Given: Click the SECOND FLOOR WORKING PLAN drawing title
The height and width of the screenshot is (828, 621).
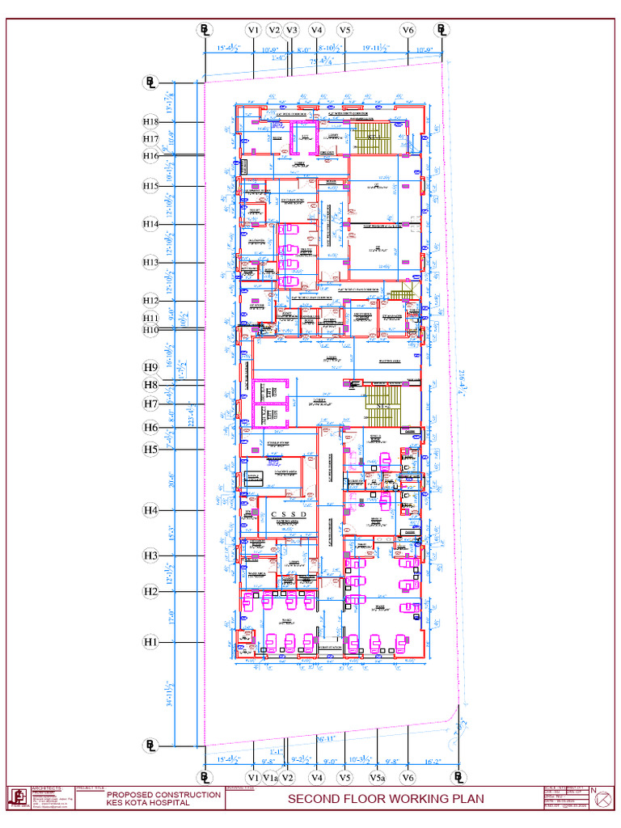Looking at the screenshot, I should pyautogui.click(x=386, y=800).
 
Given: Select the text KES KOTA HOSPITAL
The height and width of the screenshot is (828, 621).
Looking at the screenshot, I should pyautogui.click(x=143, y=803).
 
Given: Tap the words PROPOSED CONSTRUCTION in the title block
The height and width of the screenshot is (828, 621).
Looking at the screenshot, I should pyautogui.click(x=164, y=795).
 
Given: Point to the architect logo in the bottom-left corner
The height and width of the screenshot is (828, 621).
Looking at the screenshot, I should pyautogui.click(x=18, y=797).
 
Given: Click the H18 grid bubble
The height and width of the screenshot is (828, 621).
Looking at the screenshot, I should pyautogui.click(x=151, y=121).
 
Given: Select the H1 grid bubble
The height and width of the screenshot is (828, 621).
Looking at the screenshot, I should pyautogui.click(x=151, y=642).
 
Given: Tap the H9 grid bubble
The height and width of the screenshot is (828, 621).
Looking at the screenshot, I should pyautogui.click(x=151, y=365).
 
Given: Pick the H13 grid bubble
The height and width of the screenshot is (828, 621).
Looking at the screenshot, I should pyautogui.click(x=151, y=262).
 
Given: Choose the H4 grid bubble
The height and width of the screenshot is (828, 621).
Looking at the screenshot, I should pyautogui.click(x=151, y=510).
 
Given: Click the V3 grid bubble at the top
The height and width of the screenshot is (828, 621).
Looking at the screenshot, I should pyautogui.click(x=292, y=30).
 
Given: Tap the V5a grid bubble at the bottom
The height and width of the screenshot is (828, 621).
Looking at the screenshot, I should pyautogui.click(x=378, y=778).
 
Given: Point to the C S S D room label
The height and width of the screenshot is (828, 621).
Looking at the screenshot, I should pyautogui.click(x=289, y=514).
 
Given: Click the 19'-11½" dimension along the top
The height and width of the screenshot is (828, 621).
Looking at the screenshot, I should pyautogui.click(x=376, y=49).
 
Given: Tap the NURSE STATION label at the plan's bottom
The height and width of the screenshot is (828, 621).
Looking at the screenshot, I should pyautogui.click(x=329, y=648).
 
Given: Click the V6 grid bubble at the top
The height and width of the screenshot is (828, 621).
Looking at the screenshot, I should pyautogui.click(x=408, y=30).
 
